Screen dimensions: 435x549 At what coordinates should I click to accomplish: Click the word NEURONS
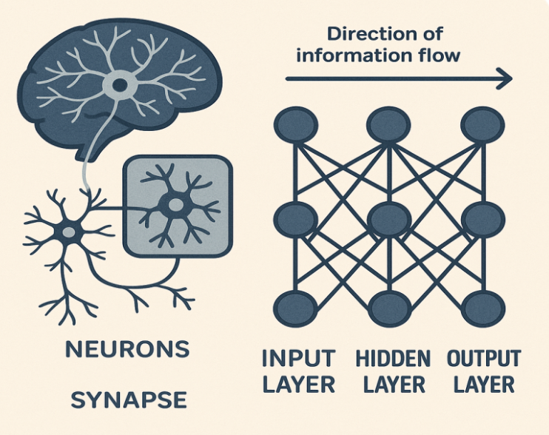click(x=127, y=348)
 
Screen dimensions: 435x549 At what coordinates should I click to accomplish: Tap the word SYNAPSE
click(x=129, y=400)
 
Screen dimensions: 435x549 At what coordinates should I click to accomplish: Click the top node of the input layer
click(x=296, y=125)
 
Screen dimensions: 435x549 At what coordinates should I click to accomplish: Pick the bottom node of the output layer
click(x=483, y=309)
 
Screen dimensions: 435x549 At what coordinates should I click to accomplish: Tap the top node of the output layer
click(x=482, y=125)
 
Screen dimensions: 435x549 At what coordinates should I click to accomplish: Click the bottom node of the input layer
click(x=296, y=309)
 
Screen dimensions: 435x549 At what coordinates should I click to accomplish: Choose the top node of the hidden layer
click(x=388, y=125)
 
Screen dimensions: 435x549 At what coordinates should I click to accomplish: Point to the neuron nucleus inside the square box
click(x=176, y=203)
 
